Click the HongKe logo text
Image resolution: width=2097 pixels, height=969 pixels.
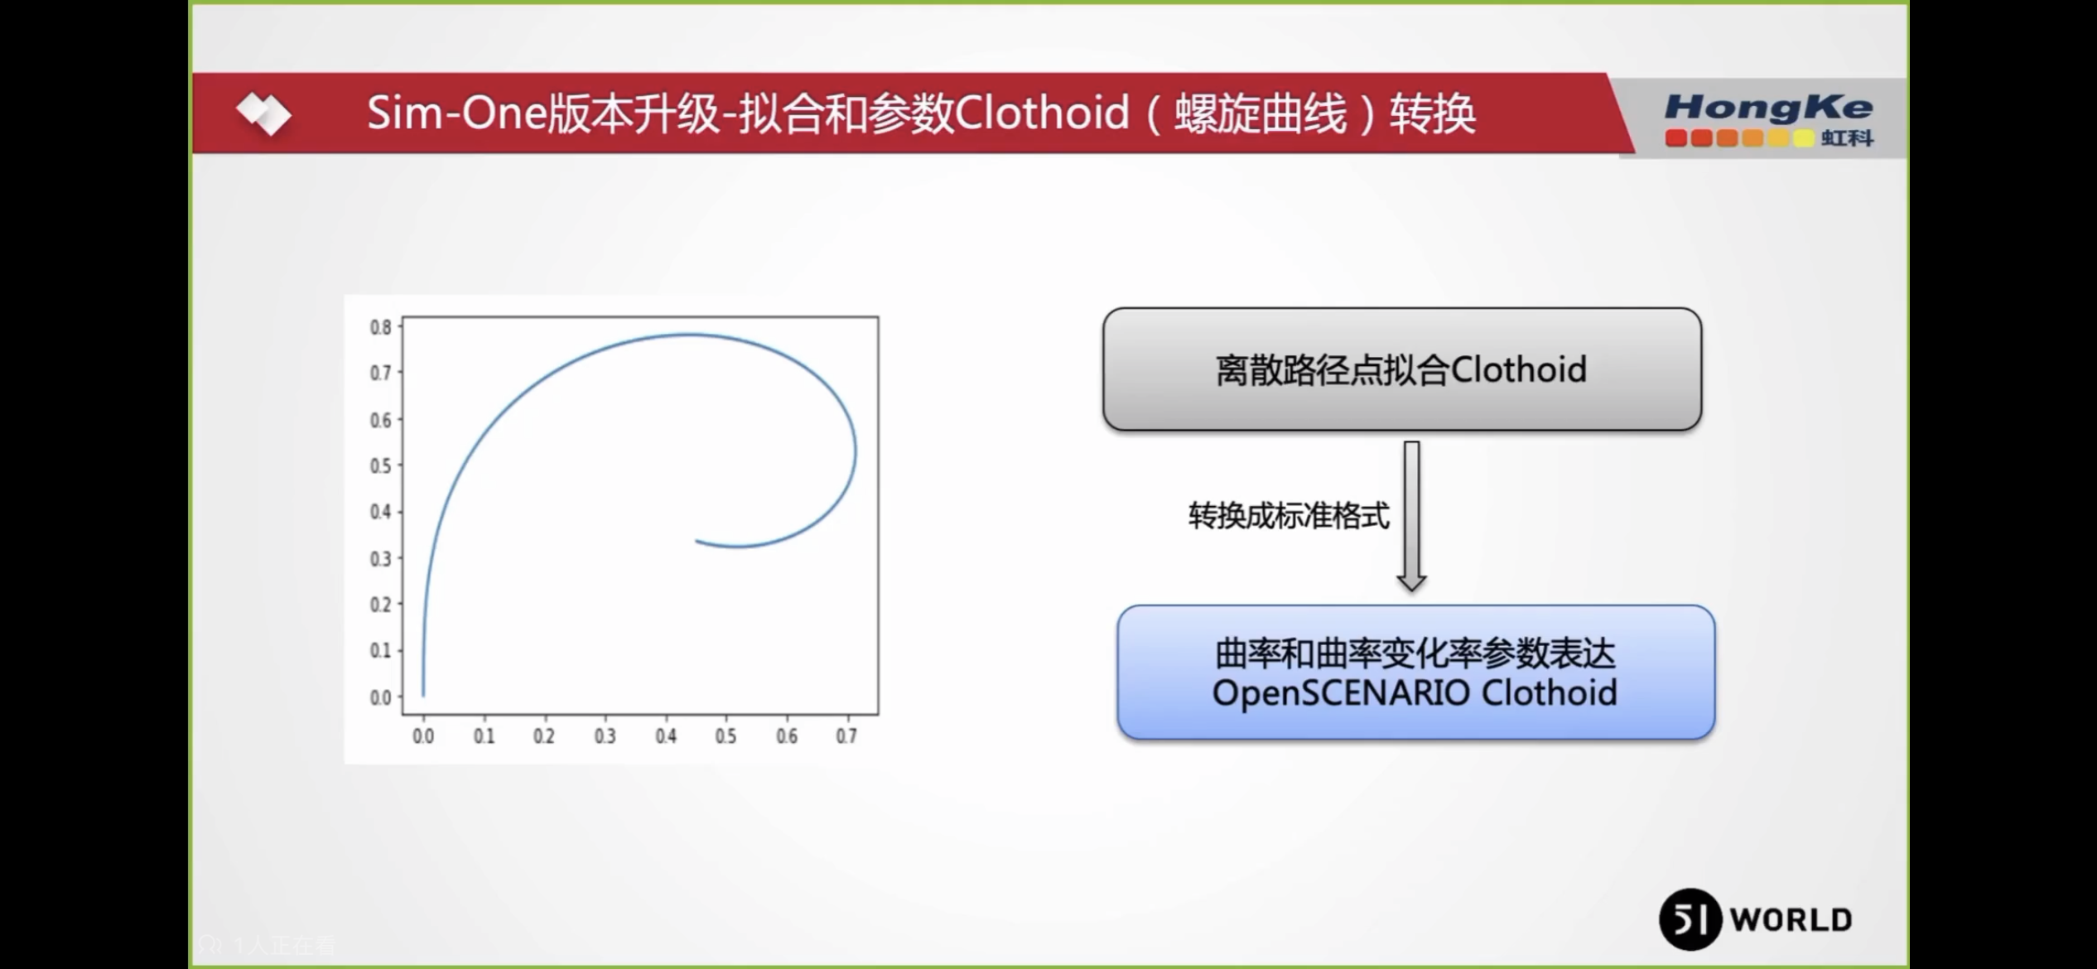click(1768, 107)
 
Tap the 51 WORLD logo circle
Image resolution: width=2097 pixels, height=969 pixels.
click(1690, 919)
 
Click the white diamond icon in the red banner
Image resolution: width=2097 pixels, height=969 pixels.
click(263, 113)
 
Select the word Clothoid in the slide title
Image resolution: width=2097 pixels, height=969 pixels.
click(1042, 113)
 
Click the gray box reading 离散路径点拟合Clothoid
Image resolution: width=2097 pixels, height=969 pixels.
click(1401, 369)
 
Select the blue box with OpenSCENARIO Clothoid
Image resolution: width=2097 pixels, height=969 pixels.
click(1415, 673)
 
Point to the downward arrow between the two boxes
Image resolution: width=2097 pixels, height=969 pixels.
click(1411, 516)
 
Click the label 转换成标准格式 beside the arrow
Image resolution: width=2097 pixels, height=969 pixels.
click(1289, 516)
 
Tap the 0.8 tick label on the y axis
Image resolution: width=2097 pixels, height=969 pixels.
click(380, 327)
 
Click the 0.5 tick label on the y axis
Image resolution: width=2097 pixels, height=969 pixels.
click(380, 466)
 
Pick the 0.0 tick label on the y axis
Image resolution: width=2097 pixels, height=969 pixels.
click(380, 698)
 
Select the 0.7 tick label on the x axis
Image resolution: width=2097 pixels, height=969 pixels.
click(846, 736)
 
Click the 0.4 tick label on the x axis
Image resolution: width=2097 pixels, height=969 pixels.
click(666, 736)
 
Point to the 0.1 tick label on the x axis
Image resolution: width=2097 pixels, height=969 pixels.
click(484, 736)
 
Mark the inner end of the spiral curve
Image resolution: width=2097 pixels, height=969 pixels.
click(697, 542)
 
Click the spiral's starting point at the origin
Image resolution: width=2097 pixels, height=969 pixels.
click(423, 696)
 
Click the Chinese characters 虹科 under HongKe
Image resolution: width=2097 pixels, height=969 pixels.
click(1847, 138)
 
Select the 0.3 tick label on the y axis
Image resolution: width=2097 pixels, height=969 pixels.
click(380, 559)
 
